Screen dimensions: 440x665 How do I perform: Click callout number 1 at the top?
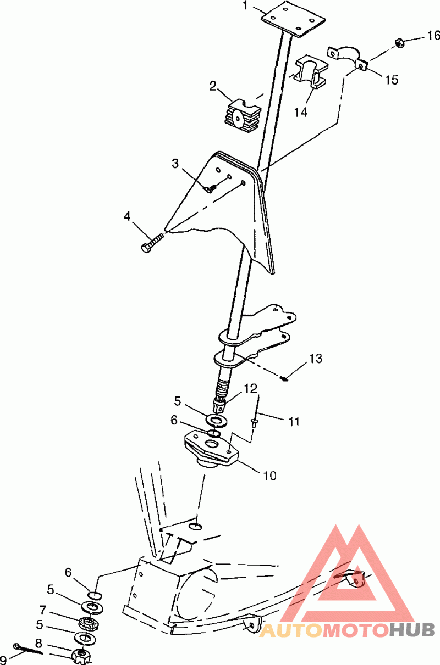pos(245,5)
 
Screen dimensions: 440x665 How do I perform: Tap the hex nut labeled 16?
pos(399,43)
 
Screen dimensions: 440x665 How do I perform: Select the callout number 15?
pos(392,80)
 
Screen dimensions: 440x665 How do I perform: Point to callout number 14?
pos(300,112)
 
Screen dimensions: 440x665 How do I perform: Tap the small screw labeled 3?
pos(211,188)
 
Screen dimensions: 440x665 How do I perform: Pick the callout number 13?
pos(316,359)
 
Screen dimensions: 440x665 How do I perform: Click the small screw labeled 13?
pos(284,378)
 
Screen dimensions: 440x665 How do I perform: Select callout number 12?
pos(250,388)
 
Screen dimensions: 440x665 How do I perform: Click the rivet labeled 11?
pos(255,422)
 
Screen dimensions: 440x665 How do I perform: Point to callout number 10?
pos(270,476)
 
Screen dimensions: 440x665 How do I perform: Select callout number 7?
pos(43,610)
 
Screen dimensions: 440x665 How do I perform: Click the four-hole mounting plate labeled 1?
pos(293,19)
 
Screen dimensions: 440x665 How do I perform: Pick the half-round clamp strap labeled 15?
pos(348,57)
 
